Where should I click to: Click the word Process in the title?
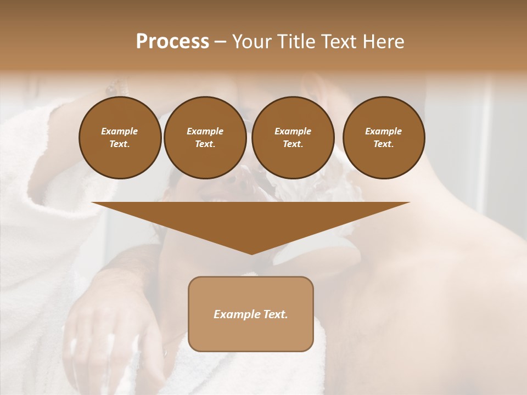[172, 42]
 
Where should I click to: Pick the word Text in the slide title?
[339, 42]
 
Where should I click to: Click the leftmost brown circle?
[120, 138]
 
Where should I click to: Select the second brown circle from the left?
[205, 138]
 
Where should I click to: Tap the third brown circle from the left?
[293, 138]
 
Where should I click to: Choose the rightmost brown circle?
[384, 138]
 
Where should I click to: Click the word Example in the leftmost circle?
[120, 131]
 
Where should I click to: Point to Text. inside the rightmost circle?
[384, 144]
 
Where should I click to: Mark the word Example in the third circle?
[293, 131]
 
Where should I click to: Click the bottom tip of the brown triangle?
[251, 253]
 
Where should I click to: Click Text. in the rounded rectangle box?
[276, 314]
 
